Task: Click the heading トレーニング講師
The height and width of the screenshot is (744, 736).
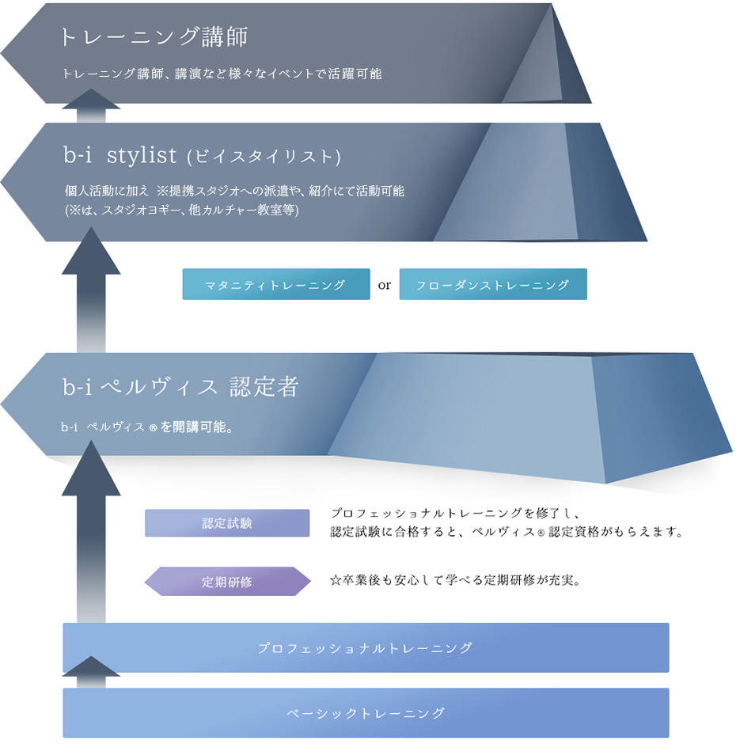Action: tap(154, 36)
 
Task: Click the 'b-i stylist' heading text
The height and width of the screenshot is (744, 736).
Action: tap(120, 155)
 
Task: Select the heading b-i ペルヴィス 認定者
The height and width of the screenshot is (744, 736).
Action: tap(180, 387)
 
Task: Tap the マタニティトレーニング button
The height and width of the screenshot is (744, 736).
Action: tap(276, 284)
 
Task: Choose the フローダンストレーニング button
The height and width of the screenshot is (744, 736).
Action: tap(493, 284)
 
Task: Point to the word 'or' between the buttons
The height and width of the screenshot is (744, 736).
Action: tap(385, 285)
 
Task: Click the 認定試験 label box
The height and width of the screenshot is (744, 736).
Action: tap(227, 523)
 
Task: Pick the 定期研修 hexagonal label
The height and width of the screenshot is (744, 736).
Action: tap(227, 581)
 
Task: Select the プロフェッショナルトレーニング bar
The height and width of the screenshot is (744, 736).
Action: tap(366, 647)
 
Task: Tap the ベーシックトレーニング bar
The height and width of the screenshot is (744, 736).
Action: tap(366, 712)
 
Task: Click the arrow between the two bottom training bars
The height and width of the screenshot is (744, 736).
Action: tap(91, 672)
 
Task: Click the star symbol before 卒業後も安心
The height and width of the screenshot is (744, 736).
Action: tap(336, 580)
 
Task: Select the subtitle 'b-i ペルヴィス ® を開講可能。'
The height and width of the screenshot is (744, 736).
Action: tap(147, 427)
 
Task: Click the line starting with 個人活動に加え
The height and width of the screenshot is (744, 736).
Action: tap(234, 191)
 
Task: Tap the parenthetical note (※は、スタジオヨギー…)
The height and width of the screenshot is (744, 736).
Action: tap(182, 210)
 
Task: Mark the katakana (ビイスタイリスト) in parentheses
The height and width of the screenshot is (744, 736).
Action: tap(264, 157)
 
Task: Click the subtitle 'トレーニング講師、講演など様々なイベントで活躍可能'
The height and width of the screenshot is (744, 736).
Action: tap(222, 74)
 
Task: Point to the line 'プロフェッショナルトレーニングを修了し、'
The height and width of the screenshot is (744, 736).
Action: tap(455, 513)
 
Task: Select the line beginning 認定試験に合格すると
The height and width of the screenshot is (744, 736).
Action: tap(506, 532)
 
